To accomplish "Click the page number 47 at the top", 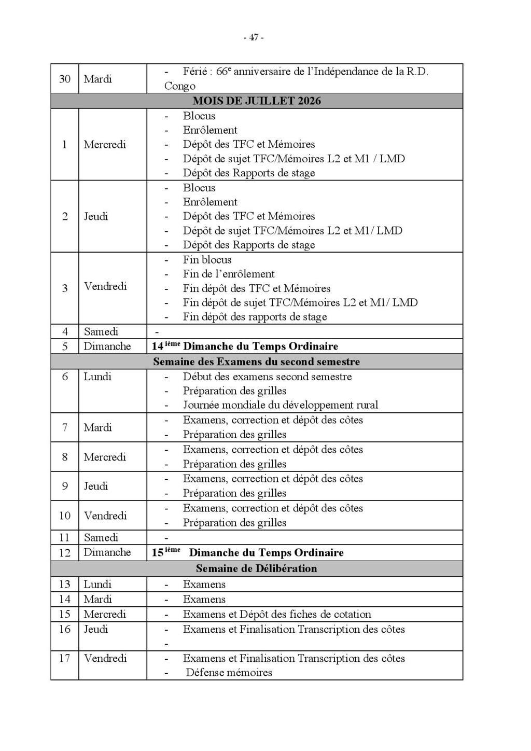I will (254, 37).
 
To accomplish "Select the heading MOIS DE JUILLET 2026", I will (257, 101).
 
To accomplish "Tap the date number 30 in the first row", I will (64, 79).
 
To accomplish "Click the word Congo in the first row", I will (179, 86).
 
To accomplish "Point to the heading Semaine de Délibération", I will (256, 568).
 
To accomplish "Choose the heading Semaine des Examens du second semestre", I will (256, 361).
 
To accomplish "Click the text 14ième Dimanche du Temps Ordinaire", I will (245, 346).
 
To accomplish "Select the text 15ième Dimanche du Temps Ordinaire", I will (247, 552).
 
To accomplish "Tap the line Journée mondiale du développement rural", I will (280, 405).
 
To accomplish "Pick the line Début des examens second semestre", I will (267, 377).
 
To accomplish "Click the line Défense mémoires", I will (229, 673).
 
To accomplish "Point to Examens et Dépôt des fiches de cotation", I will (277, 614).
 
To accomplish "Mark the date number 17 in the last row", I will (64, 658).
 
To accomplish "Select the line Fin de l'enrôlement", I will (229, 274).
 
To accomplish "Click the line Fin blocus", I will (207, 259).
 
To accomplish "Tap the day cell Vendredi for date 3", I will (105, 286).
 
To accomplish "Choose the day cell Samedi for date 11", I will (101, 537).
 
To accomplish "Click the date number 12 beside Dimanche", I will (64, 552).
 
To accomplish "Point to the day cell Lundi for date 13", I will (97, 584).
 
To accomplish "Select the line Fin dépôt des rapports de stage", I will (255, 316).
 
